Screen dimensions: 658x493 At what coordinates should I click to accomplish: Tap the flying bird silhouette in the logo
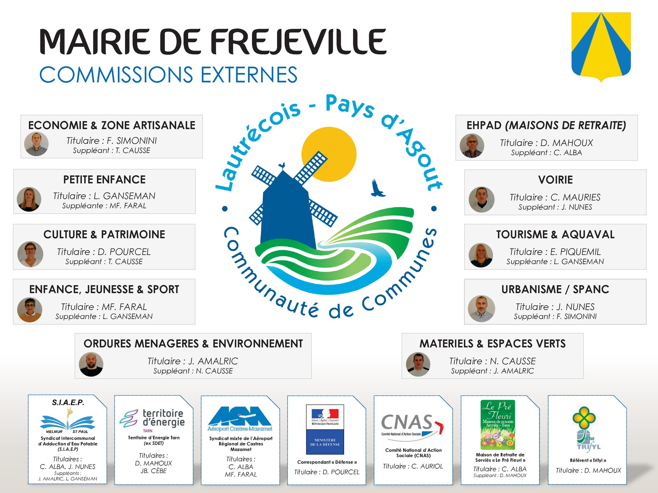coord(377,188)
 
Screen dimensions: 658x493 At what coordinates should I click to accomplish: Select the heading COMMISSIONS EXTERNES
coord(168,75)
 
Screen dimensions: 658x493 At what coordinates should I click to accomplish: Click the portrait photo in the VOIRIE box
coord(481,200)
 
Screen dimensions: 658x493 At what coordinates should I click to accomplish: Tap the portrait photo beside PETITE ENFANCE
coord(29,199)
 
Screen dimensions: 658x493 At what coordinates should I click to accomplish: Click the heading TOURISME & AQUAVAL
coord(555,234)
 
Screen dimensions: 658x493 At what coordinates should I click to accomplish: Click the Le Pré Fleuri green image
coord(497,424)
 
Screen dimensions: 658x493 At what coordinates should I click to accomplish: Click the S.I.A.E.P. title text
coord(68,402)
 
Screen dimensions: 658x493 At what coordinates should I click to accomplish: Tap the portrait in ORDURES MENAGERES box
coord(91,364)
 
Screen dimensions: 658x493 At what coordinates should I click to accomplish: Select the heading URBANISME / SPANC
coord(555,289)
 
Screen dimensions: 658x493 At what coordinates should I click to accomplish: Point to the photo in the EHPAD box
coord(472,146)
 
